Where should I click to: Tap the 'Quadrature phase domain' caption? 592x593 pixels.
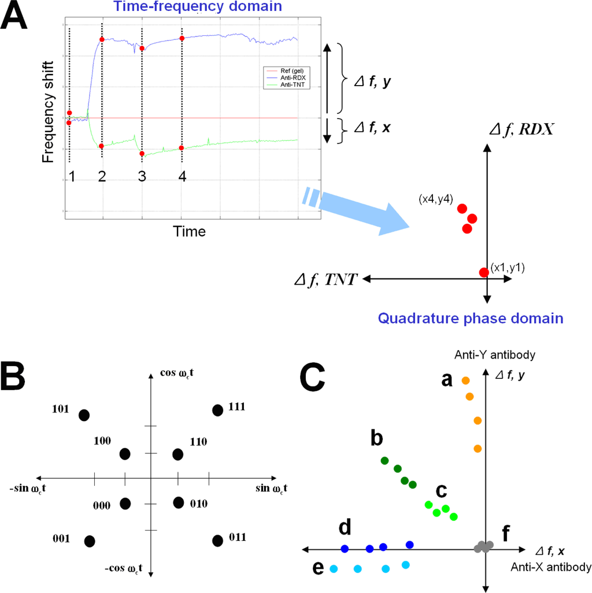[x=471, y=318]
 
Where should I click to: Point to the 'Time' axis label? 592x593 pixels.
[x=189, y=231]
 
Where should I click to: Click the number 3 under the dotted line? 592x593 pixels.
[x=142, y=178]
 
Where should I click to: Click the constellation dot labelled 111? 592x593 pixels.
[x=217, y=410]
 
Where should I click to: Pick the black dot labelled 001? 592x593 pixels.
[x=89, y=541]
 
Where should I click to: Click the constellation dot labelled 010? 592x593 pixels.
[x=178, y=502]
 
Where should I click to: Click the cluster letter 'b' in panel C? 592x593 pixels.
[x=376, y=439]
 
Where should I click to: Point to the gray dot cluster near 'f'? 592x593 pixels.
[x=483, y=546]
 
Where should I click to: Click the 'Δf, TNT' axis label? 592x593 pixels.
[x=324, y=280]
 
